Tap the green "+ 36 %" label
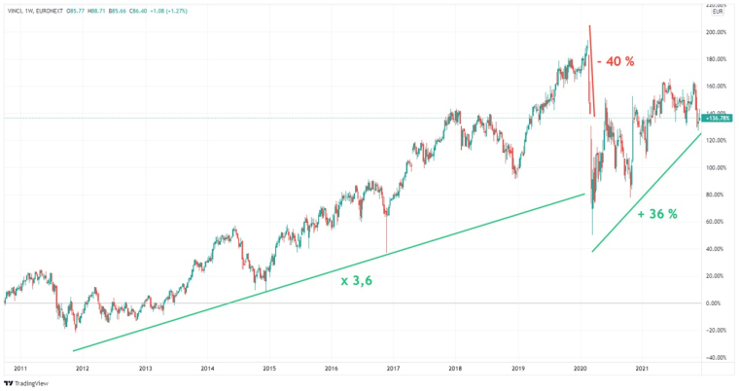click(656, 214)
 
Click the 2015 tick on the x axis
click(269, 369)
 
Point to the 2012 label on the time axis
click(83, 369)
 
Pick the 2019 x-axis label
click(517, 369)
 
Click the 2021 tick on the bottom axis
click(642, 369)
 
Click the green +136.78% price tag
click(721, 118)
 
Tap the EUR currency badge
click(719, 12)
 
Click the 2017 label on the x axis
click(393, 369)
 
